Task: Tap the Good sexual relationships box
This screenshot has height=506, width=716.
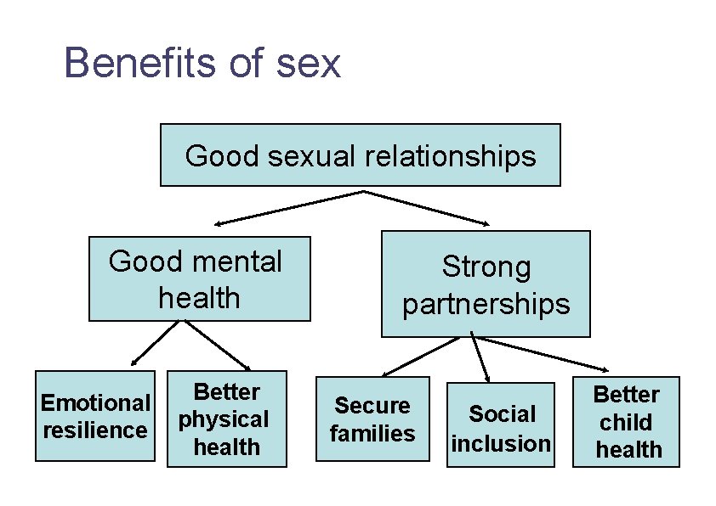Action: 360,155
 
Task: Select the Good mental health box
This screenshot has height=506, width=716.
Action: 199,278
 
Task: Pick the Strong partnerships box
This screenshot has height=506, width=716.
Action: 486,284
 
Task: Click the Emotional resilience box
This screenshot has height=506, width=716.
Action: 95,416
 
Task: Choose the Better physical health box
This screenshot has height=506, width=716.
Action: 226,419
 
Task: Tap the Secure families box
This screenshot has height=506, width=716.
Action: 372,419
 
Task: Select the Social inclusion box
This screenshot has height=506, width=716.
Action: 502,424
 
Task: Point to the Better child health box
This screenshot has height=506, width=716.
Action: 626,422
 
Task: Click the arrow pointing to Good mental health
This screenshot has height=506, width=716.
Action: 289,207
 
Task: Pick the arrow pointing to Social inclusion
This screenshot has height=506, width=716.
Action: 482,359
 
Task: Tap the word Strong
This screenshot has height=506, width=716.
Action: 486,267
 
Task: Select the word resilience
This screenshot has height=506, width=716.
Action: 95,430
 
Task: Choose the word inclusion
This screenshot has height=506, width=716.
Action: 502,443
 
